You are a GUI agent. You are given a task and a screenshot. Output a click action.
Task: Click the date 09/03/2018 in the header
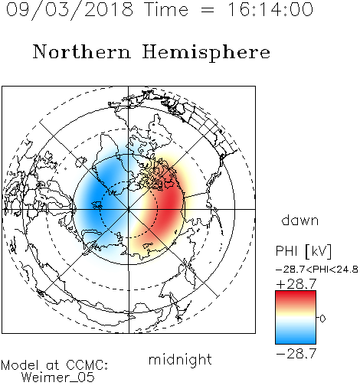(x=70, y=10)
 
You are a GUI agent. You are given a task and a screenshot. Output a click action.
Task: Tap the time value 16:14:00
(x=270, y=9)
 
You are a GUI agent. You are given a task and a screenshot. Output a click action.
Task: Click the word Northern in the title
(x=82, y=52)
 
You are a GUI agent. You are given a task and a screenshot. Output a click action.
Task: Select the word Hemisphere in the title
(x=206, y=53)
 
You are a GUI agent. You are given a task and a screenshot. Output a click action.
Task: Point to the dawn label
(x=300, y=220)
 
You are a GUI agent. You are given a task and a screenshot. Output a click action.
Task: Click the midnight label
(x=180, y=359)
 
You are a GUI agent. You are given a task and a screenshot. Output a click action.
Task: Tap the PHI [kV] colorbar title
(x=303, y=251)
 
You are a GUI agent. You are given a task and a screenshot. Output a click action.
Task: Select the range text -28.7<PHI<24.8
(x=317, y=270)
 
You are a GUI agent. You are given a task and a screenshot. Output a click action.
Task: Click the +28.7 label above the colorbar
(x=296, y=284)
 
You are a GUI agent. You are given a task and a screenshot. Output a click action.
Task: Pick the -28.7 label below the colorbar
(x=296, y=354)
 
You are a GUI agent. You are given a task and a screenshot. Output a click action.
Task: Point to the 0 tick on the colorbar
(x=322, y=319)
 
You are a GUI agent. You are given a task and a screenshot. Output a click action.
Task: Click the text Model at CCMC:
(x=54, y=365)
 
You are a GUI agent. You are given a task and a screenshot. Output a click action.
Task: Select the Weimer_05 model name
(x=58, y=377)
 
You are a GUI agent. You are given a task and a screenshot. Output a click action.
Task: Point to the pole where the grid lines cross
(x=129, y=209)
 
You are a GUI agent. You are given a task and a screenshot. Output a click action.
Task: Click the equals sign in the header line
(x=208, y=10)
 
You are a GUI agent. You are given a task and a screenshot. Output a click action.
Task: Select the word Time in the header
(x=166, y=9)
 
